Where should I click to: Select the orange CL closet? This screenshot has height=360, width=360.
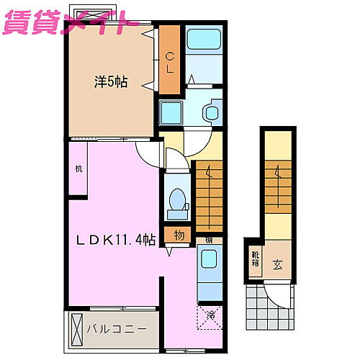(x=170, y=61)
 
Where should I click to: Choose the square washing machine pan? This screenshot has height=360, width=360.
(x=172, y=113)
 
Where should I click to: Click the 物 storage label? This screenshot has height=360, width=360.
(x=179, y=235)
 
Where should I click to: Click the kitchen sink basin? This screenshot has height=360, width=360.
(x=209, y=261)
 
